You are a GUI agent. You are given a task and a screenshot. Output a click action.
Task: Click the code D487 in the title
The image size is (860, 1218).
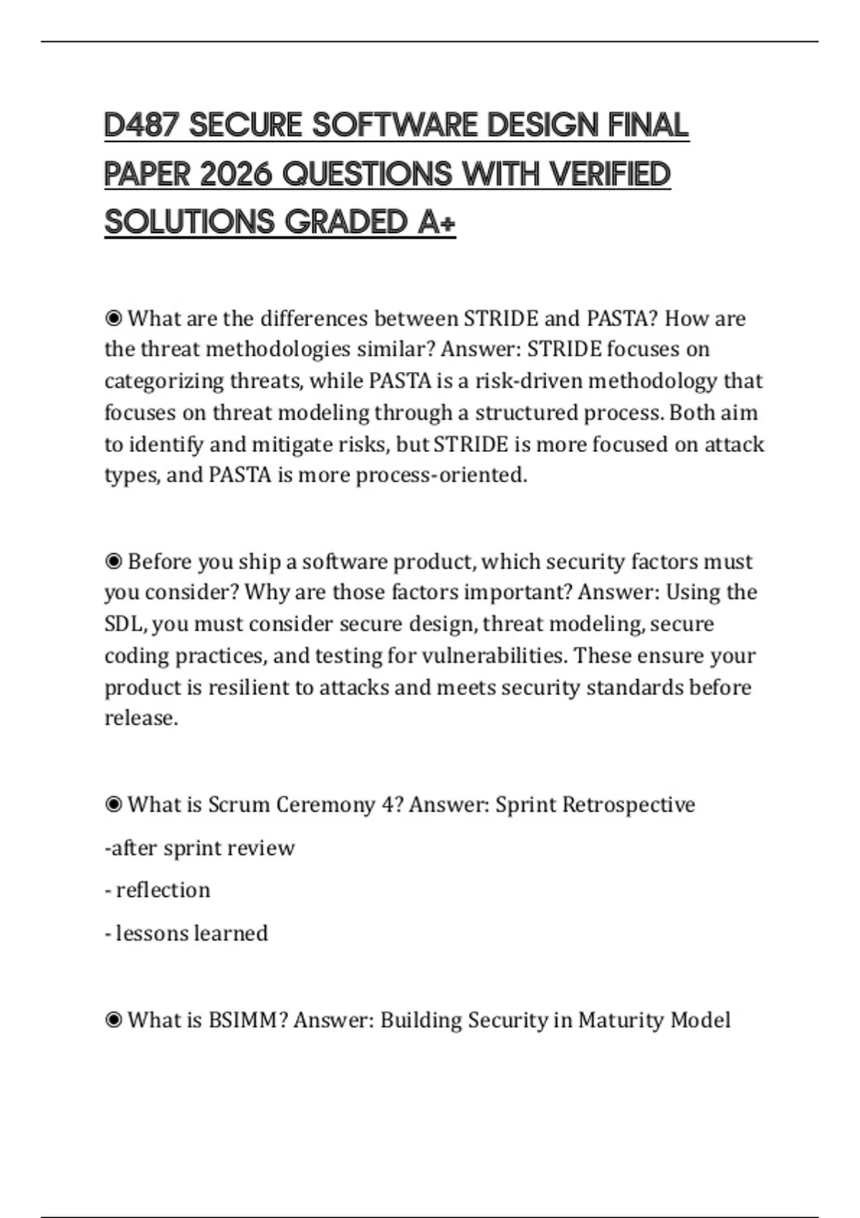click(x=142, y=125)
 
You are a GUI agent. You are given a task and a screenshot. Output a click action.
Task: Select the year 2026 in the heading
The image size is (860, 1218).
click(x=236, y=174)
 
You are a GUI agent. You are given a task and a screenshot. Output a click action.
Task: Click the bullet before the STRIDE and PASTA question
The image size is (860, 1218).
click(x=113, y=318)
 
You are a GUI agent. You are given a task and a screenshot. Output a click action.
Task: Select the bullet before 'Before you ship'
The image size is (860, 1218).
click(x=113, y=561)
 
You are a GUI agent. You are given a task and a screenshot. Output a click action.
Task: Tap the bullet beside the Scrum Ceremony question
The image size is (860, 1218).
click(x=113, y=805)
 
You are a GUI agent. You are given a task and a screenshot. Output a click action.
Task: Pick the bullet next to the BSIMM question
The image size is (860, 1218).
click(x=113, y=1020)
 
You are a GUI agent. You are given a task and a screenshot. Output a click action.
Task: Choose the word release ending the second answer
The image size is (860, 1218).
click(x=140, y=718)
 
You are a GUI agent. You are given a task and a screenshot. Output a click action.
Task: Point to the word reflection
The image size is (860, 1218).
click(x=163, y=890)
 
